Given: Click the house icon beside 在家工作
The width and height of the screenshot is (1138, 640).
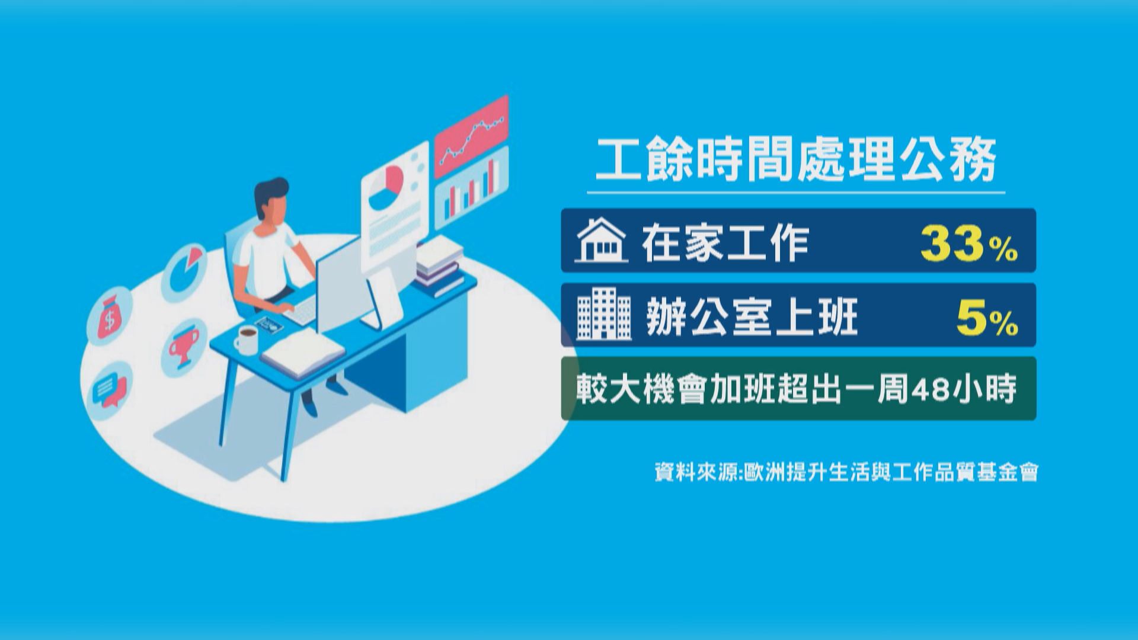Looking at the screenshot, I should tap(601, 241).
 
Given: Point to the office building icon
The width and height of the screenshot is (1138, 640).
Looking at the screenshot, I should tap(604, 315).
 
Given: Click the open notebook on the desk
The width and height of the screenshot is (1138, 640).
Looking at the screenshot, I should tap(302, 352).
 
